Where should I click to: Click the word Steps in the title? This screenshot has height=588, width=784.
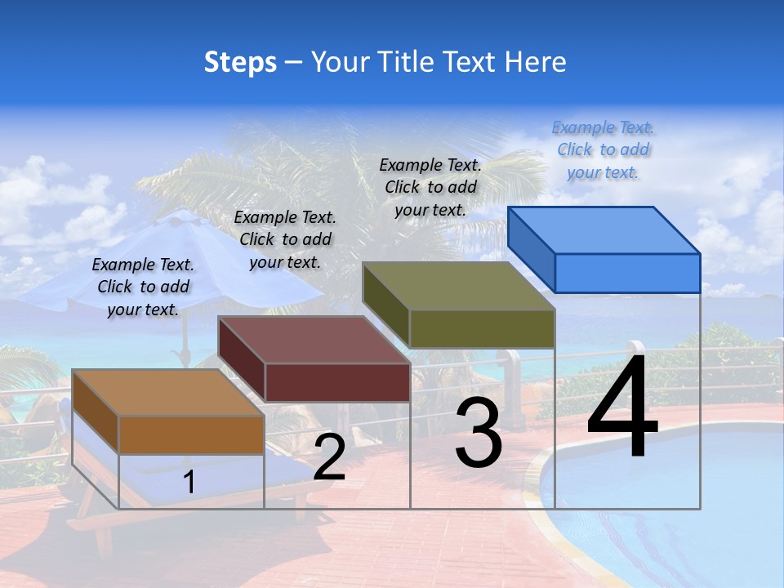pyautogui.click(x=240, y=62)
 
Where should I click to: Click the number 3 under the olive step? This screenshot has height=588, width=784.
pyautogui.click(x=479, y=432)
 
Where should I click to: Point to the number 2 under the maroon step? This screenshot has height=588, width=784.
pyautogui.click(x=329, y=457)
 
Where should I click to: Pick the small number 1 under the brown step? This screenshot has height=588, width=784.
pyautogui.click(x=189, y=482)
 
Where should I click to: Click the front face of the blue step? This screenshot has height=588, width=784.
pyautogui.click(x=627, y=273)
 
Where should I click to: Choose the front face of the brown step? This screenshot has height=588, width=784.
pyautogui.click(x=191, y=434)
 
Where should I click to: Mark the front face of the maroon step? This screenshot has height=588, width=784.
pyautogui.click(x=337, y=382)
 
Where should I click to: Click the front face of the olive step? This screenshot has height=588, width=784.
pyautogui.click(x=482, y=328)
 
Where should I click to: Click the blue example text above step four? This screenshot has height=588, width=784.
pyautogui.click(x=603, y=149)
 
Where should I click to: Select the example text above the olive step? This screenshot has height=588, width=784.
pyautogui.click(x=430, y=187)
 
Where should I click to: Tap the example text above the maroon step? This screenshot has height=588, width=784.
pyautogui.click(x=285, y=239)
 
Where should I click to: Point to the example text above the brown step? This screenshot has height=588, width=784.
pyautogui.click(x=143, y=287)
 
